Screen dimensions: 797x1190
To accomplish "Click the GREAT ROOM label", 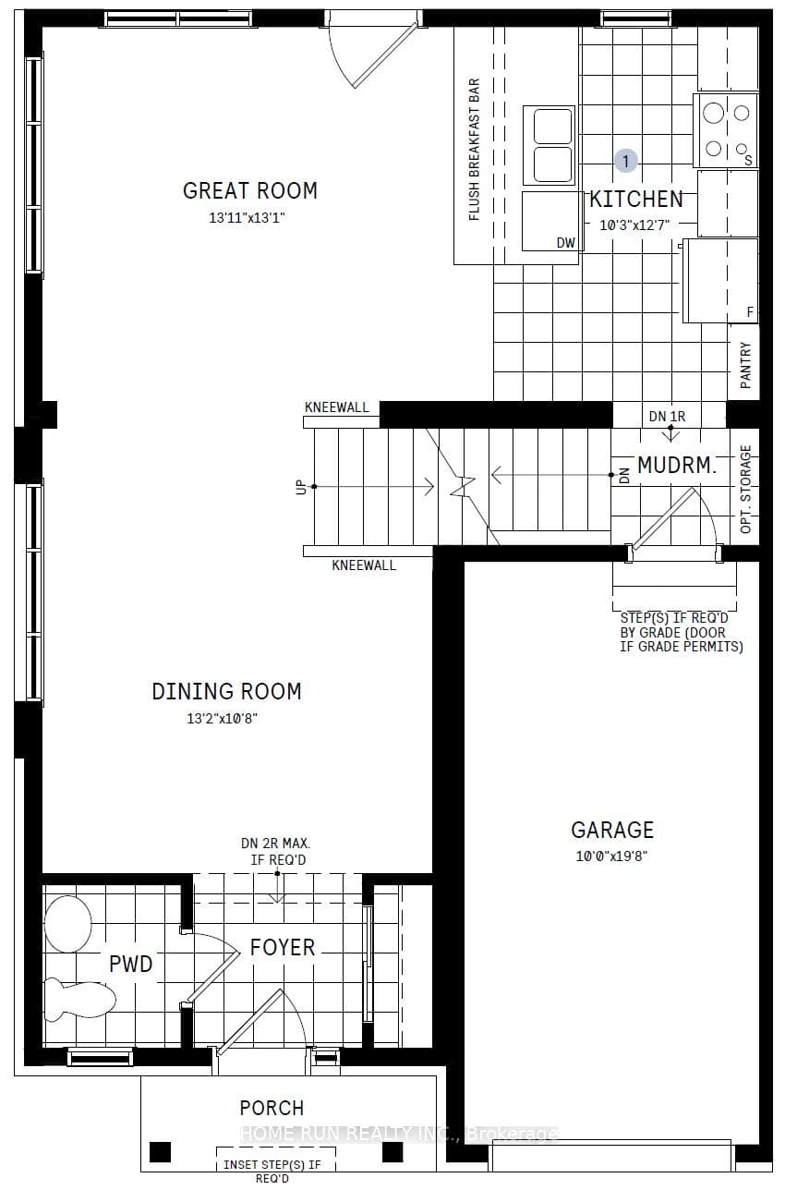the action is coord(250,190).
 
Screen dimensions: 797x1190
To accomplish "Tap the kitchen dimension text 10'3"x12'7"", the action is coord(634,225).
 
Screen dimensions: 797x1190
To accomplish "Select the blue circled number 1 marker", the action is coord(626,161).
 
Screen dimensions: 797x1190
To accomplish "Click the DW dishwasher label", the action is coord(566,243).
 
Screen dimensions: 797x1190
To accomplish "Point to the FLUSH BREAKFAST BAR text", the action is coord(474,150).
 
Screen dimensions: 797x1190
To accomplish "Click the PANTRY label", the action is coord(745,365).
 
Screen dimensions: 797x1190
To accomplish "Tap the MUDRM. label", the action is coord(676,466).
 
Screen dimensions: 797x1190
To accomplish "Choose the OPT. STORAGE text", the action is coord(745,490).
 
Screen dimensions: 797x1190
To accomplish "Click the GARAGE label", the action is coord(612,830).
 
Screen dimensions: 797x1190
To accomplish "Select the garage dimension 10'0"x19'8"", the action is coord(611,856).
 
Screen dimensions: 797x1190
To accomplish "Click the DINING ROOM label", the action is coord(227,692).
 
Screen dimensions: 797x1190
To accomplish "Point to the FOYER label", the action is coord(283,947).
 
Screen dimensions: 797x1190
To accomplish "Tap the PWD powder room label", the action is coord(130,964).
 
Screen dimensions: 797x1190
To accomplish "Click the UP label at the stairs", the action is coord(302,487).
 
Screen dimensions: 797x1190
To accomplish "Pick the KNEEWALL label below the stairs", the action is coord(364,565).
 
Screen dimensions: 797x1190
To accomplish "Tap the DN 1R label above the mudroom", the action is coord(667,417).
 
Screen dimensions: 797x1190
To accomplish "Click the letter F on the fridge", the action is coord(750,312).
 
